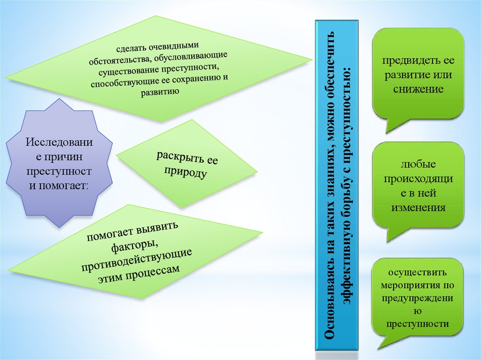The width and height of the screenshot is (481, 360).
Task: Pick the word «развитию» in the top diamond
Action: click(159, 91)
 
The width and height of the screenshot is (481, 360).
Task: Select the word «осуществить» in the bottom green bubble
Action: click(417, 273)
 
